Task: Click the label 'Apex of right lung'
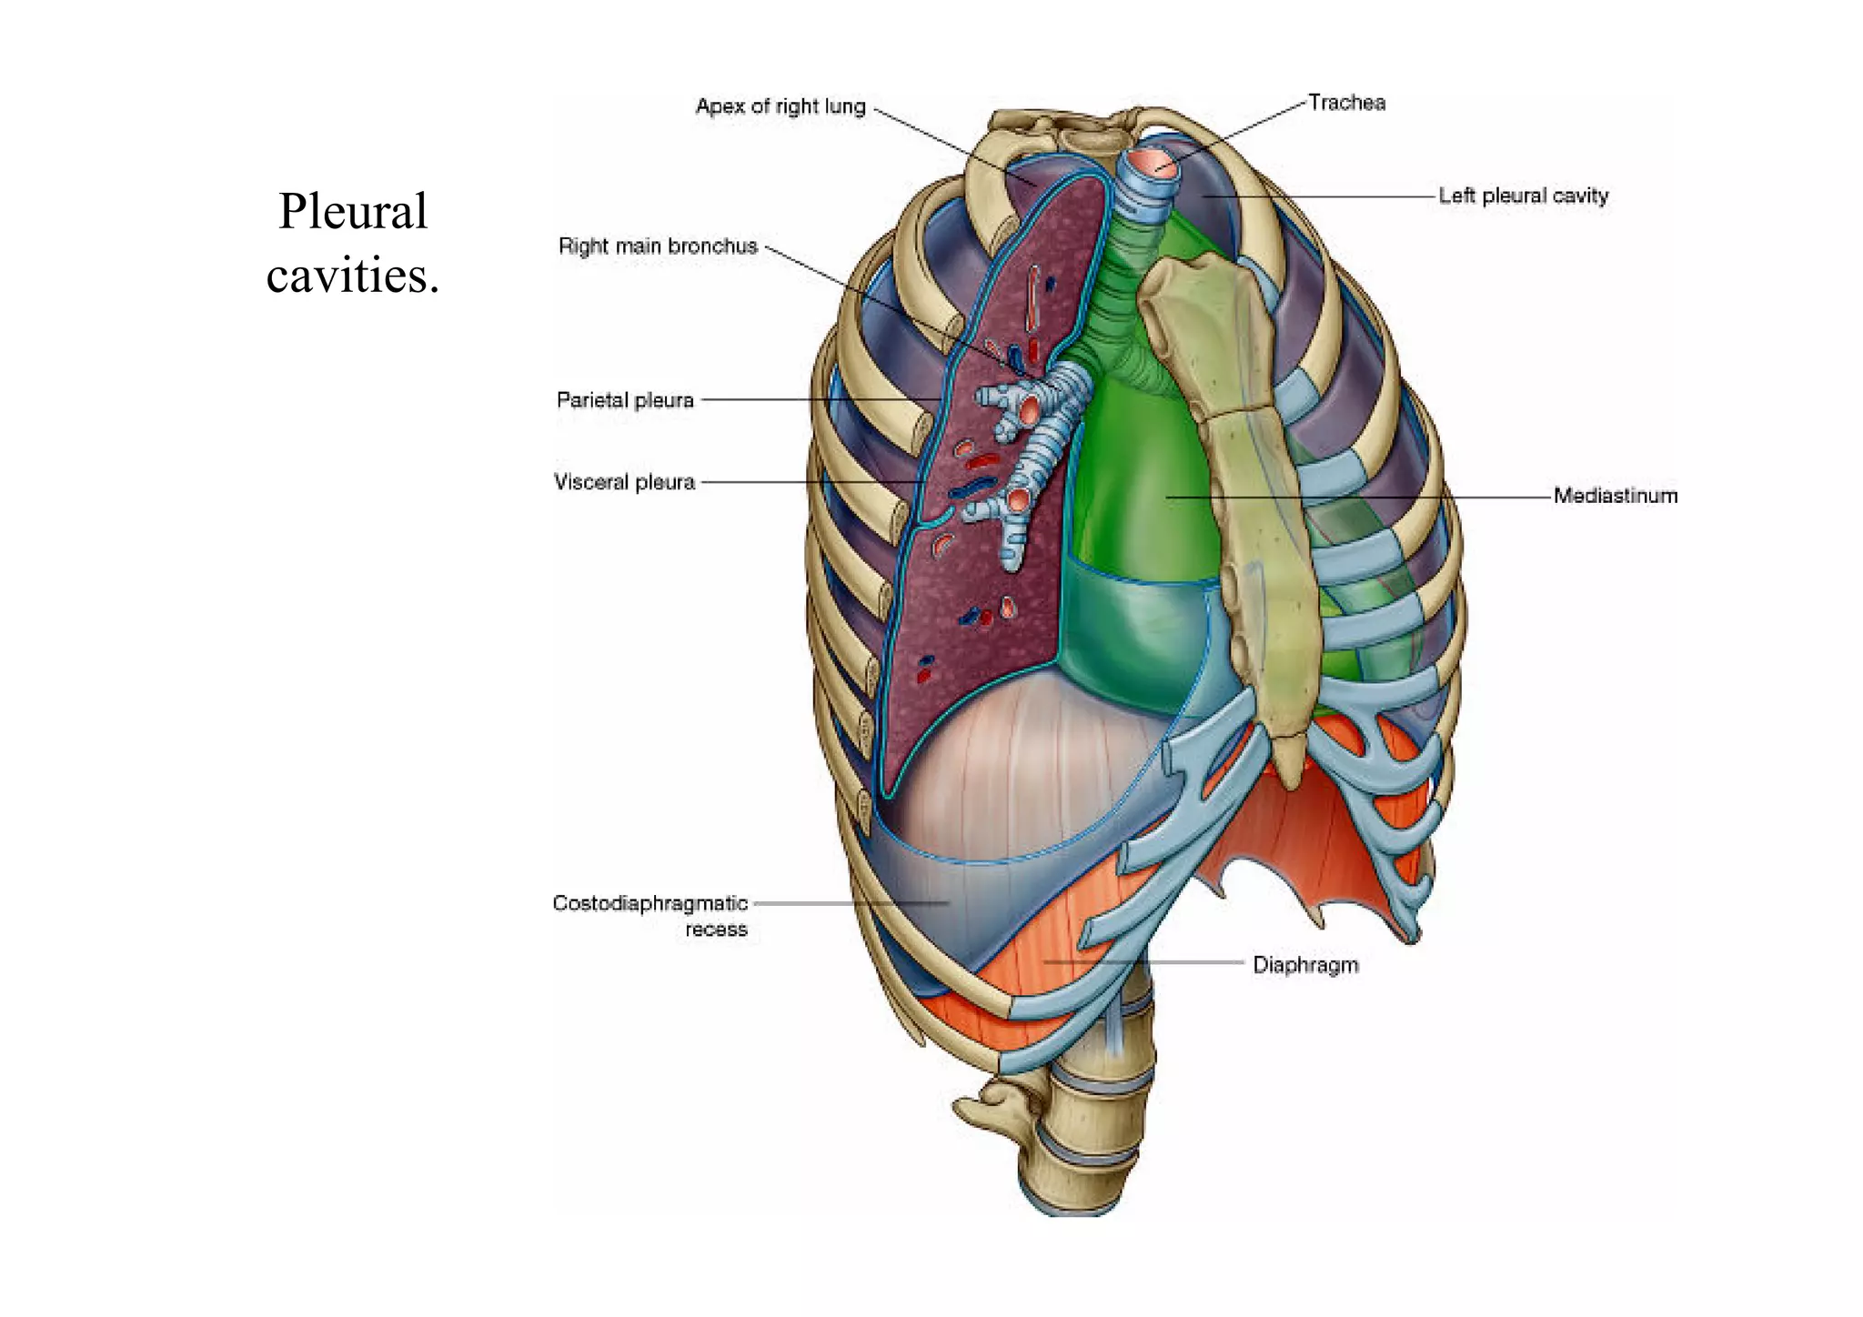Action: point(780,106)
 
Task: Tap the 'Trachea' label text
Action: point(1346,103)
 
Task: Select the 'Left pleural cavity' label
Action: point(1523,196)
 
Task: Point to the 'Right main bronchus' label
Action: point(658,246)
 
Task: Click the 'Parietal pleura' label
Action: point(625,400)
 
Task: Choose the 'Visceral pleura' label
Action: point(624,482)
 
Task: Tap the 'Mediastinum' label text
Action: point(1615,496)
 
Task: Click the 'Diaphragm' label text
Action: point(1305,965)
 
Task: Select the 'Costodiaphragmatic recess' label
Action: point(650,915)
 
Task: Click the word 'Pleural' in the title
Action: point(353,212)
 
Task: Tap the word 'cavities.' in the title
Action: point(353,276)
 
